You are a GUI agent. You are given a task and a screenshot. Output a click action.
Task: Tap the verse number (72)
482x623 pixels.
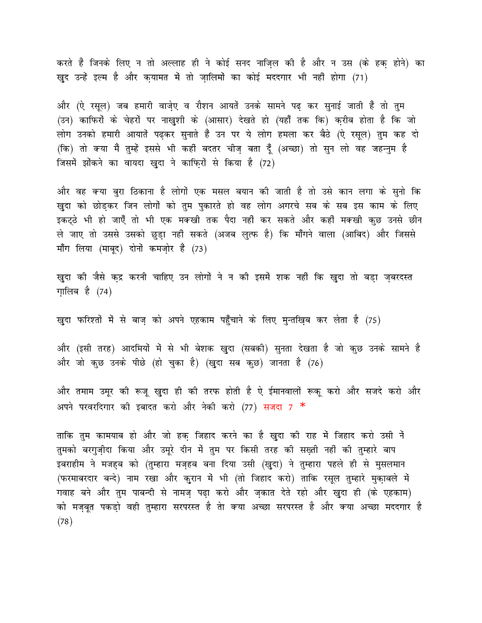coord(267,163)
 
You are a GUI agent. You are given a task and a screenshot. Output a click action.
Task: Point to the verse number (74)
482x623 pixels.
coord(104,292)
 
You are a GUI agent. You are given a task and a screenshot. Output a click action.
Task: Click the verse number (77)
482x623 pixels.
coord(250,406)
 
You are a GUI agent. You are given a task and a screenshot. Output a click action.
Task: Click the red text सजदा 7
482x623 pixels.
coord(278,406)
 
